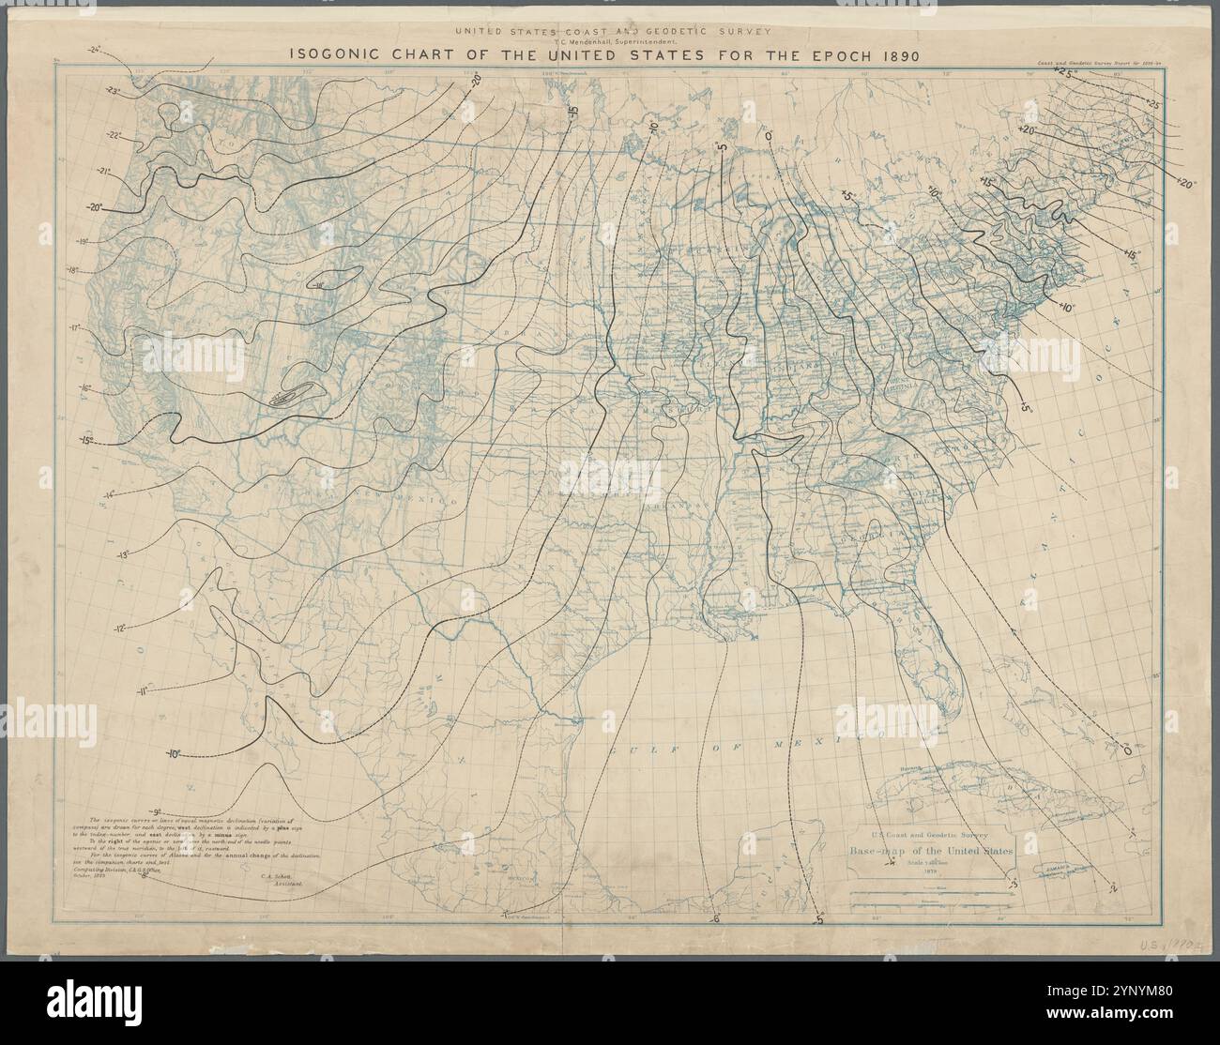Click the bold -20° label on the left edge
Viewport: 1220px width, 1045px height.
point(96,208)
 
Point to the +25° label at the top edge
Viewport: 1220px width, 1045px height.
point(1063,71)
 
